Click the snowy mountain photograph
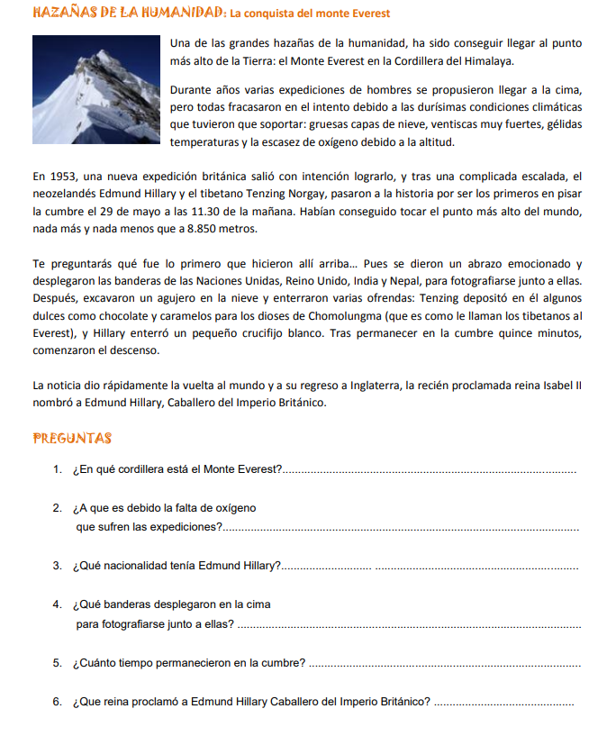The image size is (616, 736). click(x=99, y=90)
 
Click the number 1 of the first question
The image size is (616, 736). click(x=57, y=469)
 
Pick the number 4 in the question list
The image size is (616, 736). click(x=57, y=604)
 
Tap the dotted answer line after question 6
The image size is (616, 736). click(x=503, y=704)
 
